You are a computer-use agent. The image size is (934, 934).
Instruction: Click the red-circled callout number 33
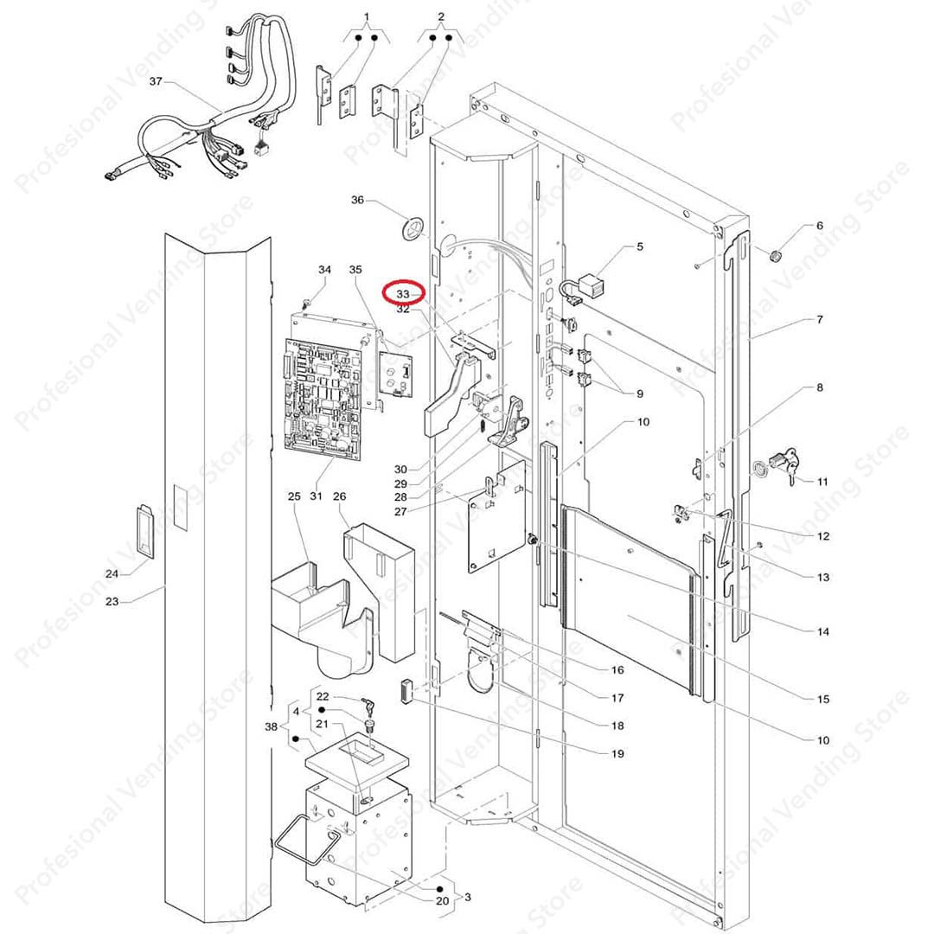[x=404, y=294]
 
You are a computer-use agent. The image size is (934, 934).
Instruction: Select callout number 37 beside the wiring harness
[x=156, y=82]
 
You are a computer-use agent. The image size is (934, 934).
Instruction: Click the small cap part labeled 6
[x=776, y=256]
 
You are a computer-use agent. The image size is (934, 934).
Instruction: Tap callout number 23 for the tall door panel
[x=112, y=601]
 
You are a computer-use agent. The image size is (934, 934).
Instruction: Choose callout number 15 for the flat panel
[x=822, y=699]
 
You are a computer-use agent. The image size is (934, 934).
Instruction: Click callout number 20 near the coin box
[x=442, y=900]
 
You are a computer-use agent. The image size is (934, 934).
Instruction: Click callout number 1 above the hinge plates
[x=366, y=16]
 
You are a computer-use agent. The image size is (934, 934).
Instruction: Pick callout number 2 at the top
[x=441, y=16]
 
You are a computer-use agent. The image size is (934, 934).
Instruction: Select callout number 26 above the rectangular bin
[x=339, y=496]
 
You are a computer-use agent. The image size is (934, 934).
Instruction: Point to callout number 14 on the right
[x=822, y=631]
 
